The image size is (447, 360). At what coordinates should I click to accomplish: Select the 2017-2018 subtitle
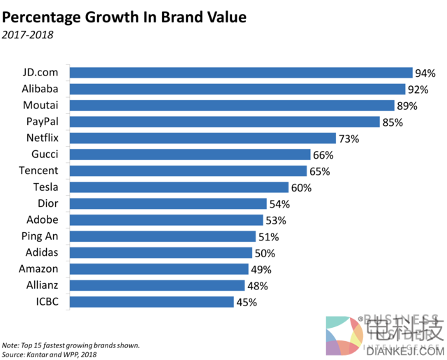click(x=28, y=34)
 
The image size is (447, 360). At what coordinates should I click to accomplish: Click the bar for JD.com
click(x=241, y=73)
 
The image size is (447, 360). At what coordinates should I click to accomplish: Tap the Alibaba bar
click(x=237, y=89)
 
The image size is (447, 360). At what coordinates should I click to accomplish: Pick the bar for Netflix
click(x=203, y=138)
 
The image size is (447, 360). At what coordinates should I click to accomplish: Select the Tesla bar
click(x=179, y=187)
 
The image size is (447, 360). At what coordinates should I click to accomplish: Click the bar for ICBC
click(x=152, y=302)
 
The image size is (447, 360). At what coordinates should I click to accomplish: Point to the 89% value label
click(x=406, y=106)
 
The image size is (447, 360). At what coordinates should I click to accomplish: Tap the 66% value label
click(x=323, y=154)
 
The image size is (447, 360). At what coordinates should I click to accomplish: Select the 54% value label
click(x=279, y=203)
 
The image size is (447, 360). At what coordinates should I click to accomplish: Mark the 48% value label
click(x=257, y=286)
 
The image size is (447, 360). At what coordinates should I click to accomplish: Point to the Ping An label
click(x=40, y=236)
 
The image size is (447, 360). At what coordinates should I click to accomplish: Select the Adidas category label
click(x=40, y=253)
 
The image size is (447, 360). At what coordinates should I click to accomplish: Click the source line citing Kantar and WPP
click(x=50, y=354)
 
